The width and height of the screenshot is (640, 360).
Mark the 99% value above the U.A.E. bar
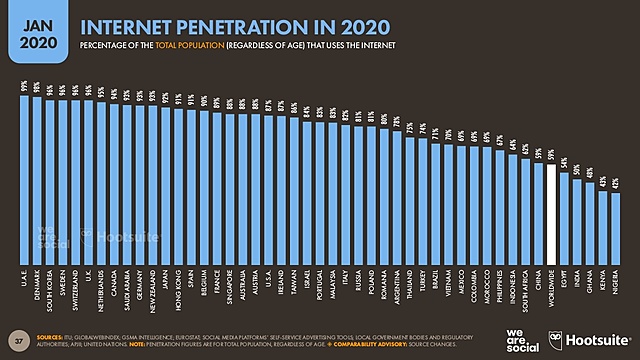(x=24, y=87)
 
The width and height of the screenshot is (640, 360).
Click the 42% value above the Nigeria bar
(x=615, y=184)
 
